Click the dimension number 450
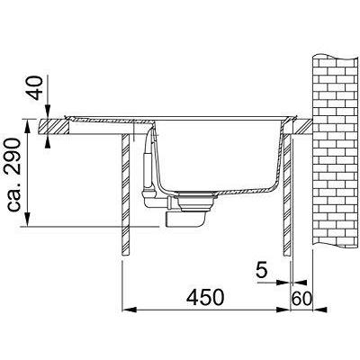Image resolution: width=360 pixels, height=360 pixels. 205,297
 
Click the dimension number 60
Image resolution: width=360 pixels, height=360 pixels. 301,299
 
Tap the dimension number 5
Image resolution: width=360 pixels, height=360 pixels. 262,271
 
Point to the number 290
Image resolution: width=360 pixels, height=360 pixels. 13,157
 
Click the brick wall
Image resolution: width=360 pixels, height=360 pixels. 336,151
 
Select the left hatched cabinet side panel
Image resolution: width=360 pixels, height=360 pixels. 126,194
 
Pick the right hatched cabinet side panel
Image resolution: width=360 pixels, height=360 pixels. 287,194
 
